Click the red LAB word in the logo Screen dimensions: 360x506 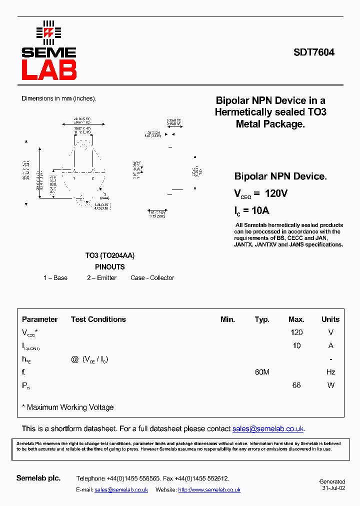[x=49, y=70]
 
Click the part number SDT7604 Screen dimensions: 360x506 [x=314, y=52]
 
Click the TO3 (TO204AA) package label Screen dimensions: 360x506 [x=109, y=255]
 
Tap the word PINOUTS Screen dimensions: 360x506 [x=109, y=267]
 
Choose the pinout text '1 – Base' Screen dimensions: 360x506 [x=55, y=278]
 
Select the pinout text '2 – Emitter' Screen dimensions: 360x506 [x=101, y=278]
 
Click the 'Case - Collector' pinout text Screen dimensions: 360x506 [x=152, y=278]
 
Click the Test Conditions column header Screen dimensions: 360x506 [x=98, y=319]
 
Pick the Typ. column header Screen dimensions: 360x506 [x=262, y=319]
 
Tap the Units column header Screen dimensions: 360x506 [x=330, y=319]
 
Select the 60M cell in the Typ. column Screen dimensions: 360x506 [x=262, y=372]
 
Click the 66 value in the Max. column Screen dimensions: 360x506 [x=296, y=385]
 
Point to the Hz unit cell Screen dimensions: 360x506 [x=330, y=372]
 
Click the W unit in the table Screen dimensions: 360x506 [x=330, y=385]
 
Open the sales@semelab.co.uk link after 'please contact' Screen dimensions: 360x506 [x=268, y=429]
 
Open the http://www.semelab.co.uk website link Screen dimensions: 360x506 [x=209, y=490]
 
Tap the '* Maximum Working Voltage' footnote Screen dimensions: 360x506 [x=68, y=407]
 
